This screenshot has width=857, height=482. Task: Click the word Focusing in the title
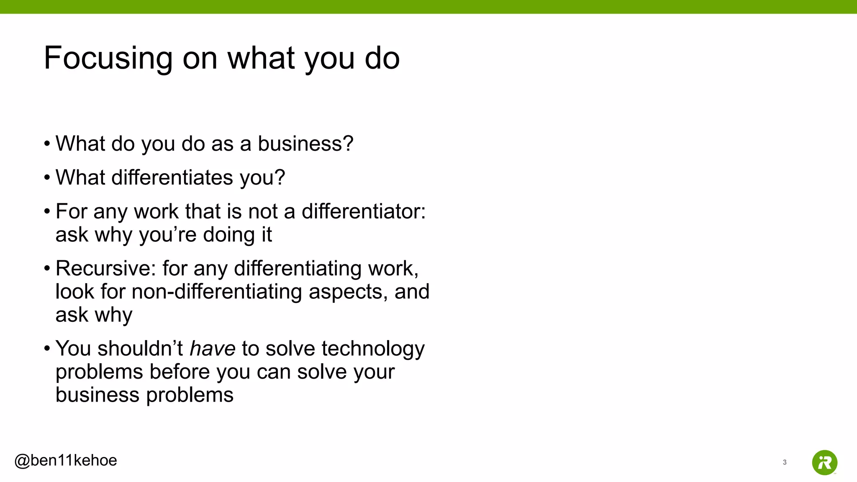click(x=108, y=58)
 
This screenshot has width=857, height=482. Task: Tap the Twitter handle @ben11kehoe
click(x=66, y=460)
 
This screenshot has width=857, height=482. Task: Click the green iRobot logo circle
click(x=824, y=462)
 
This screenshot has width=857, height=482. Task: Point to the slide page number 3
click(x=785, y=462)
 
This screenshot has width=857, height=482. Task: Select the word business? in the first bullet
click(x=305, y=144)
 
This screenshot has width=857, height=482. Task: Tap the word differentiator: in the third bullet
click(x=363, y=211)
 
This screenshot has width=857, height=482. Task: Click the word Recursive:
click(x=106, y=268)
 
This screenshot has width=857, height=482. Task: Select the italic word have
click(x=213, y=349)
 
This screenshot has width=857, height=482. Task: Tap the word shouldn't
click(x=140, y=349)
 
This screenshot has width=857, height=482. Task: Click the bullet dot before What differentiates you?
click(x=47, y=178)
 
